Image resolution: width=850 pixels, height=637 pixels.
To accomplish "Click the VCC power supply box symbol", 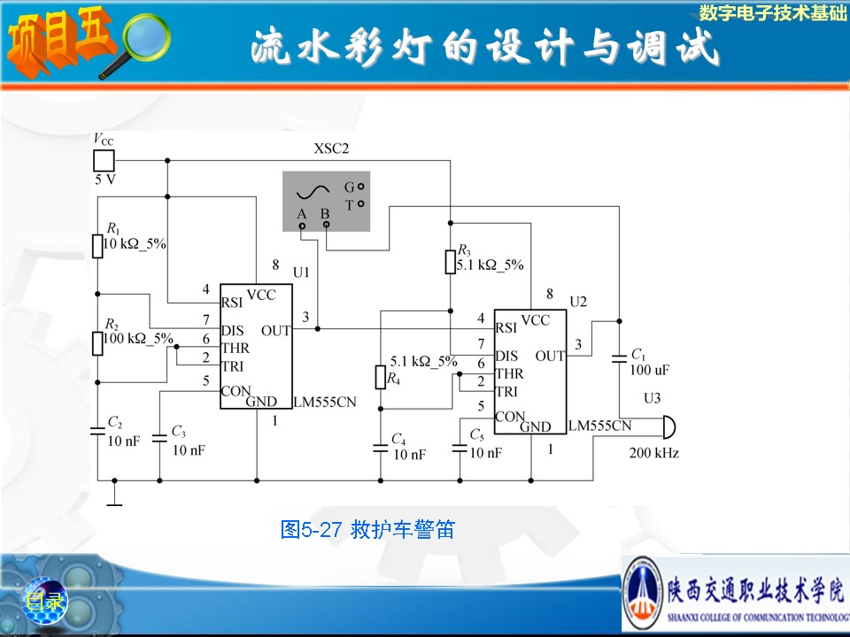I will pyautogui.click(x=104, y=160).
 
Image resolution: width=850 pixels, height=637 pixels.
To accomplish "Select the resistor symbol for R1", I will pyautogui.click(x=98, y=245).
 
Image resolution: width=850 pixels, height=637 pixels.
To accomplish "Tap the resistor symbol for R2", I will pyautogui.click(x=98, y=342).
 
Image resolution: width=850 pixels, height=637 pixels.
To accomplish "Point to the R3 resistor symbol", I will pyautogui.click(x=450, y=262).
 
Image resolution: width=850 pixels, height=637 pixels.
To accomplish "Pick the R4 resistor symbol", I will pyautogui.click(x=381, y=379).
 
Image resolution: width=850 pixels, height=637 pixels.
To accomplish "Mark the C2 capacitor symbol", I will pyautogui.click(x=98, y=431).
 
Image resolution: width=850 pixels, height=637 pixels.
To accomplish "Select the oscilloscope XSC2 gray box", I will pyautogui.click(x=324, y=200).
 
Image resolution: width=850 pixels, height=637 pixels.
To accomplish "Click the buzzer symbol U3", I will pyautogui.click(x=668, y=428).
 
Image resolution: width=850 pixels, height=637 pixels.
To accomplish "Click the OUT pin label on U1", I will pyautogui.click(x=276, y=331).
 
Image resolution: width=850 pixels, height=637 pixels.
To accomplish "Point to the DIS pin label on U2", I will pyautogui.click(x=506, y=356).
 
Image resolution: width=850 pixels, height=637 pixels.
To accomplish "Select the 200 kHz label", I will pyautogui.click(x=654, y=454).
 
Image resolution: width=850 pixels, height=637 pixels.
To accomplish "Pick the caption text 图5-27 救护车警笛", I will pyautogui.click(x=367, y=530).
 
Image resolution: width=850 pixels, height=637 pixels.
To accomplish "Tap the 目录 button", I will pyautogui.click(x=44, y=602).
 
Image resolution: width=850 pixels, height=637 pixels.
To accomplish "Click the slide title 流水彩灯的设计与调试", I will pyautogui.click(x=484, y=48).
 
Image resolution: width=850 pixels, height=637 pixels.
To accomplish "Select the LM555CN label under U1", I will pyautogui.click(x=324, y=401).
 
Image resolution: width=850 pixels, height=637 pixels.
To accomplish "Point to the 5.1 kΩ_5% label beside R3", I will pyautogui.click(x=490, y=265).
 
